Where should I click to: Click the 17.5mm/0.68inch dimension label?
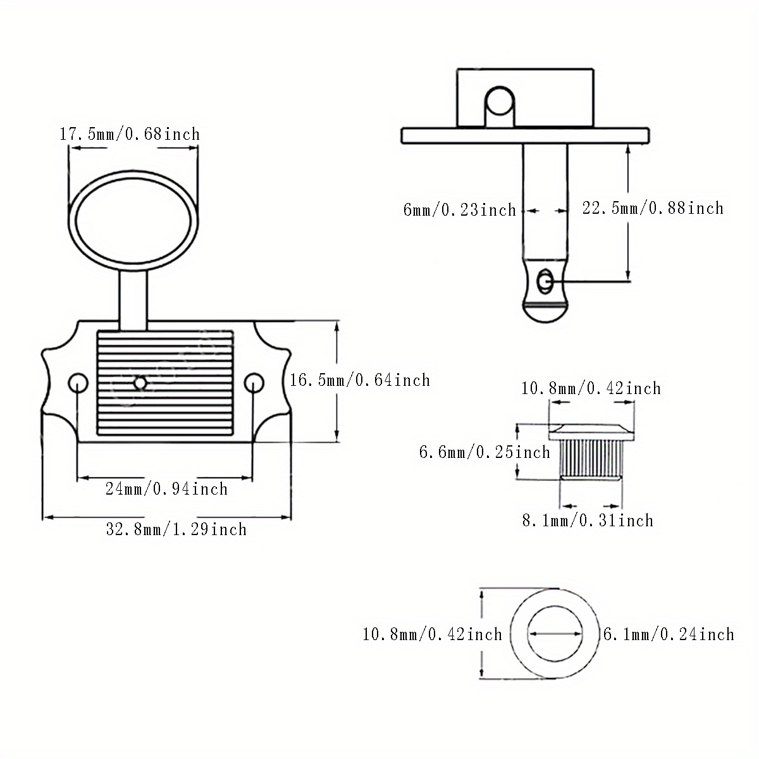(x=130, y=134)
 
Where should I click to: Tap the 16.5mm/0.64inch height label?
(x=359, y=380)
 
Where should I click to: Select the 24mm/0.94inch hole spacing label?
(x=166, y=488)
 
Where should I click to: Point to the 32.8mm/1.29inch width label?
(x=176, y=529)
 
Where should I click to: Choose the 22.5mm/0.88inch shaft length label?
(x=652, y=207)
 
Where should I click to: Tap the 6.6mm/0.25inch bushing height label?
(x=484, y=452)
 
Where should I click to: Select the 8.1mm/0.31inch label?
(x=587, y=520)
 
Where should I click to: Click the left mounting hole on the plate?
(x=78, y=382)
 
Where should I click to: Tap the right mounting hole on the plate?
(x=254, y=382)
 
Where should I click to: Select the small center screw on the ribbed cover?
(x=140, y=382)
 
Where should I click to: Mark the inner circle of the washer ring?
(x=554, y=634)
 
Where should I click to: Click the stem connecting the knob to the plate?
(x=133, y=295)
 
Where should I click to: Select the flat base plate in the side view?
(x=525, y=135)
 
